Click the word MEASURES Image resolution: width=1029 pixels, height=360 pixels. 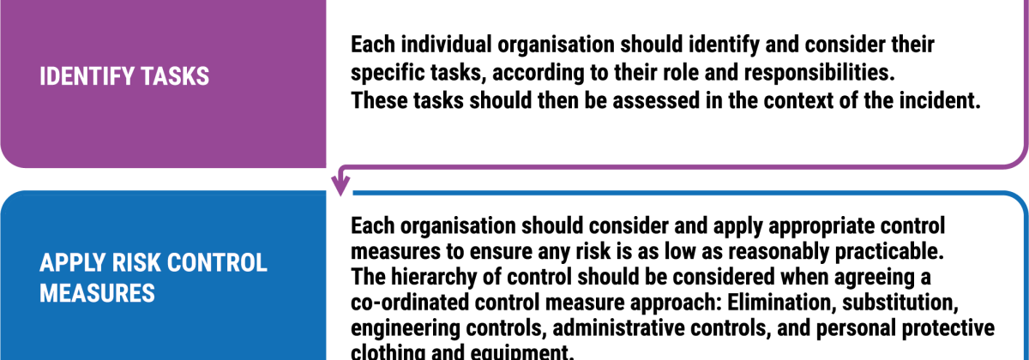tap(97, 293)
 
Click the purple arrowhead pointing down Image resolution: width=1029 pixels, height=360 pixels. tap(341, 184)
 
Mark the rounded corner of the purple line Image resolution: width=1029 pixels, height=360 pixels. tap(1020, 158)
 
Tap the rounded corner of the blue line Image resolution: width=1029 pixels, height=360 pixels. tap(1019, 201)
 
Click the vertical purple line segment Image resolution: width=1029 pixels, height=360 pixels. tap(1026, 77)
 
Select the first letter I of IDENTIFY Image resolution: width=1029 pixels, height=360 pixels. tap(42, 76)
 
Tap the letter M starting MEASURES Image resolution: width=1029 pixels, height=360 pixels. tap(47, 293)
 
